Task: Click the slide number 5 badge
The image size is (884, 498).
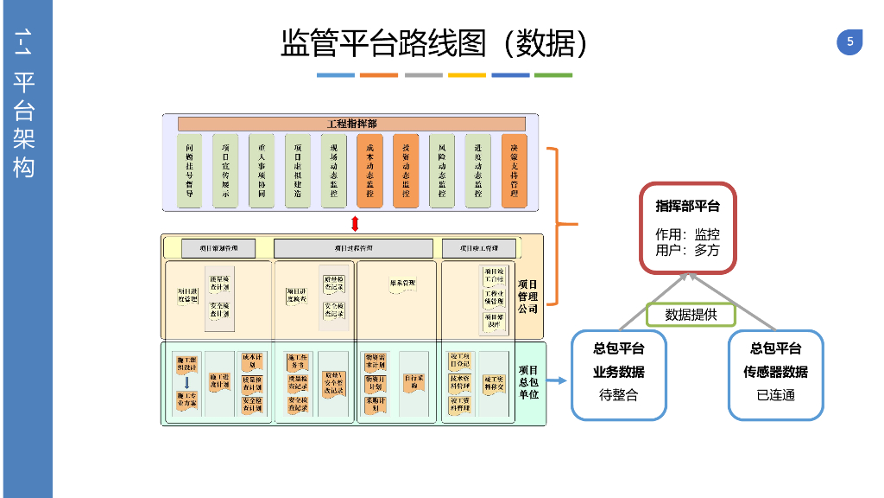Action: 849,42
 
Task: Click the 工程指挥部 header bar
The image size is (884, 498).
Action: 351,124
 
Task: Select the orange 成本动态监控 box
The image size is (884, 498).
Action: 369,170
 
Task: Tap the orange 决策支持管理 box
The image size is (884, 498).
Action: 514,170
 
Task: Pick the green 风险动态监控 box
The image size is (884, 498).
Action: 441,170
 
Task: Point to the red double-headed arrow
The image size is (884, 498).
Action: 354,224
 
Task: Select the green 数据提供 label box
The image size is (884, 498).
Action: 691,315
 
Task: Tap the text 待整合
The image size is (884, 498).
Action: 618,395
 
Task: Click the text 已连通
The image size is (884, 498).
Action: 775,395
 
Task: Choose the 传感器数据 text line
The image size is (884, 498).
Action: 775,372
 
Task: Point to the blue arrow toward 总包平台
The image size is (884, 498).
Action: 557,380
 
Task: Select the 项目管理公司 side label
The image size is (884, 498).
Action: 527,296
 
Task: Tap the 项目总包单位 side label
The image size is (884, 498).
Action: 527,382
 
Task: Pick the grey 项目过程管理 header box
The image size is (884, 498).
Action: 353,249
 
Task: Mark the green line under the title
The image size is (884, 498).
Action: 553,75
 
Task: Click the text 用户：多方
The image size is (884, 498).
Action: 687,251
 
